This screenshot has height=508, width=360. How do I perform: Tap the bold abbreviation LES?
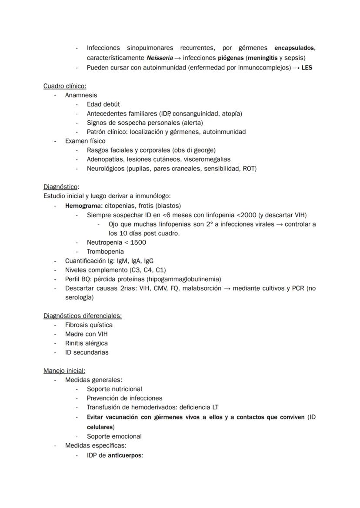[x=307, y=68]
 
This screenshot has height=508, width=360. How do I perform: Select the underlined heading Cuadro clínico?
[x=65, y=86]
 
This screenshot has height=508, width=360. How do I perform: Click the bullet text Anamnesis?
[x=81, y=95]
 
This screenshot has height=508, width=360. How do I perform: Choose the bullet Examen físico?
[x=85, y=141]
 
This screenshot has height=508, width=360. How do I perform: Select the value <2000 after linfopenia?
[x=246, y=215]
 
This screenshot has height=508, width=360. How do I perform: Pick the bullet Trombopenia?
[x=105, y=252]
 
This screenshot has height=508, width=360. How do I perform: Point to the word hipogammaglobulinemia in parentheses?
[x=186, y=279]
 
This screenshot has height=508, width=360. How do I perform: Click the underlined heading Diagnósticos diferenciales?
[x=83, y=316]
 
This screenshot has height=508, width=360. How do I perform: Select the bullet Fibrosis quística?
[x=89, y=325]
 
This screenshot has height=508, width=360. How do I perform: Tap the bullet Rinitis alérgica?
[x=87, y=343]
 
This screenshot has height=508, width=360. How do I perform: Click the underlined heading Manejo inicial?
[x=64, y=371]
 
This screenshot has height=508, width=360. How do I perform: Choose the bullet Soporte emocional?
[x=114, y=436]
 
